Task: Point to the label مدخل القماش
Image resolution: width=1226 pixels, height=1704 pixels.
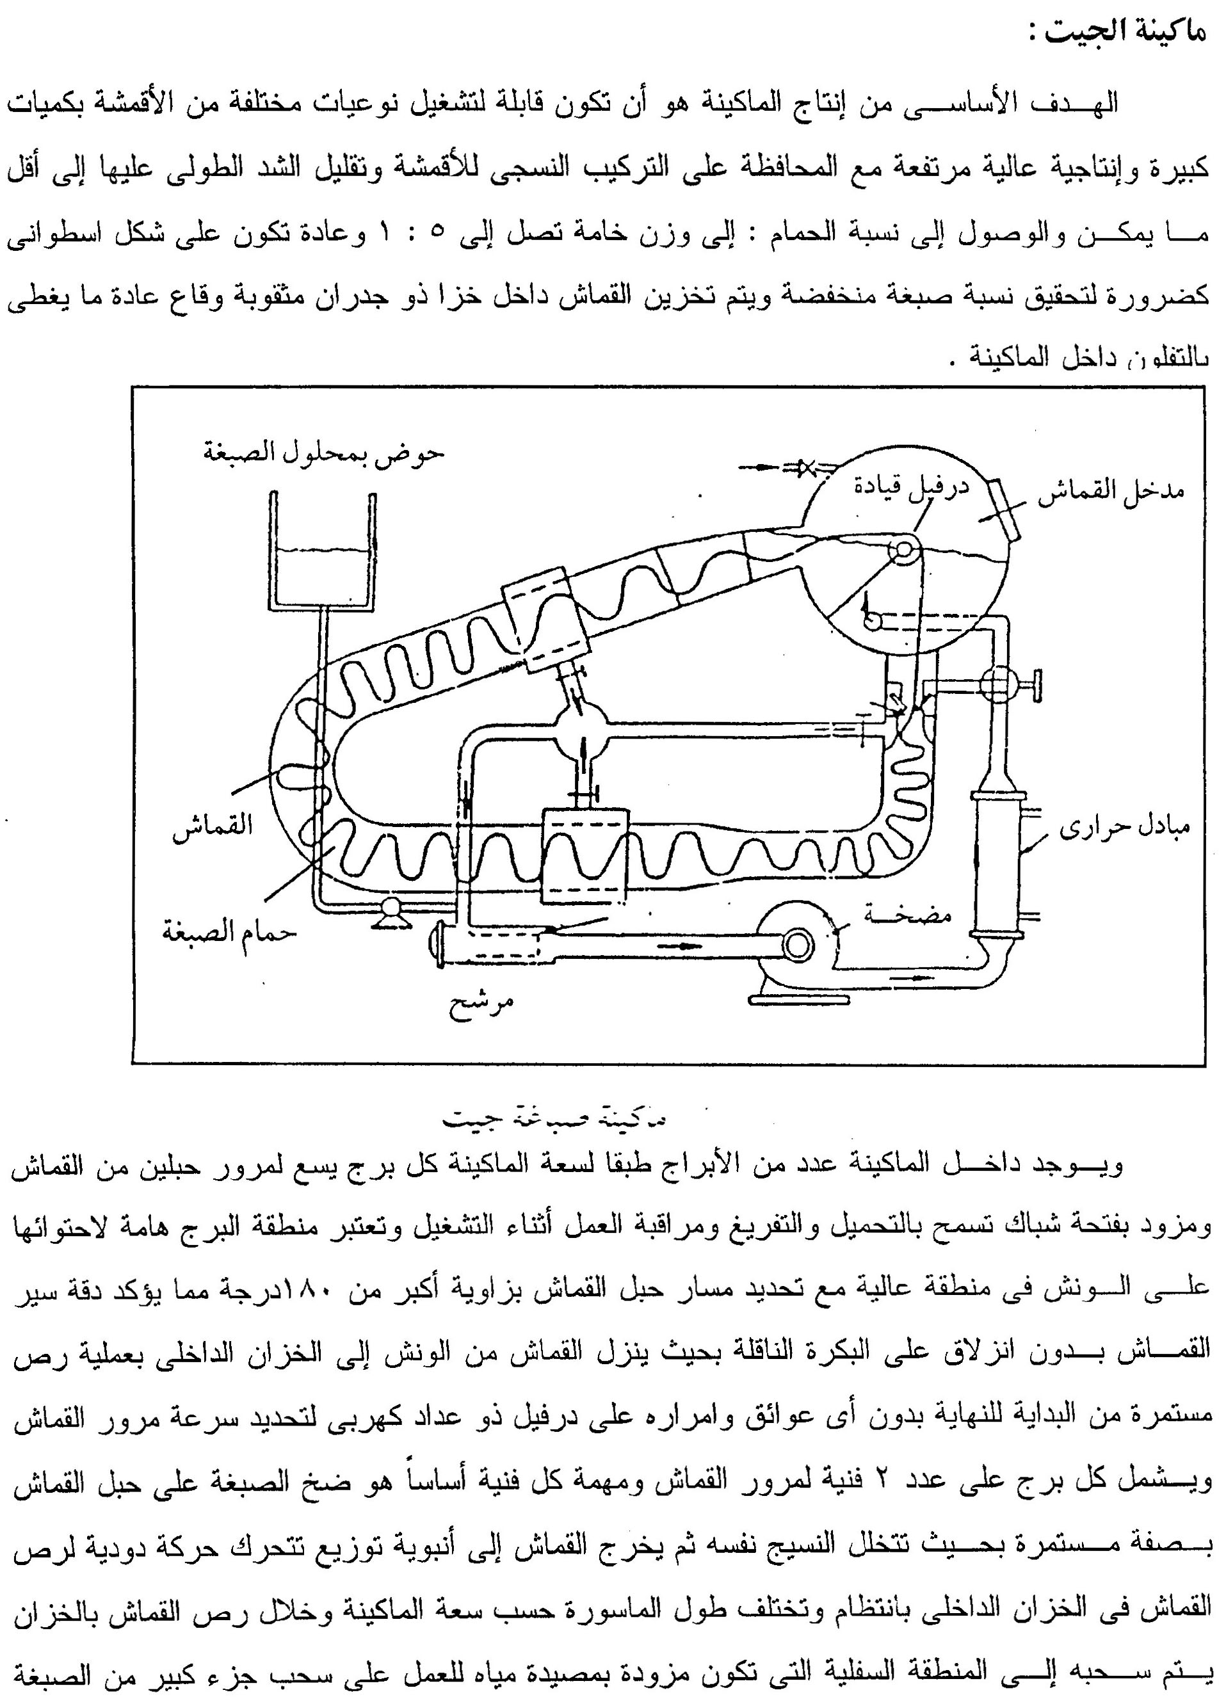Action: [1110, 494]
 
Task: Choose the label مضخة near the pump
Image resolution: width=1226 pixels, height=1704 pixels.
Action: [907, 913]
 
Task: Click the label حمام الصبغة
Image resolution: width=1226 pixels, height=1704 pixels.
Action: [229, 933]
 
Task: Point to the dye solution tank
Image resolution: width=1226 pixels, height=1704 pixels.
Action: [322, 552]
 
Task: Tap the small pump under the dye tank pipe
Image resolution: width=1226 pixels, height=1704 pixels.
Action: [389, 911]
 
